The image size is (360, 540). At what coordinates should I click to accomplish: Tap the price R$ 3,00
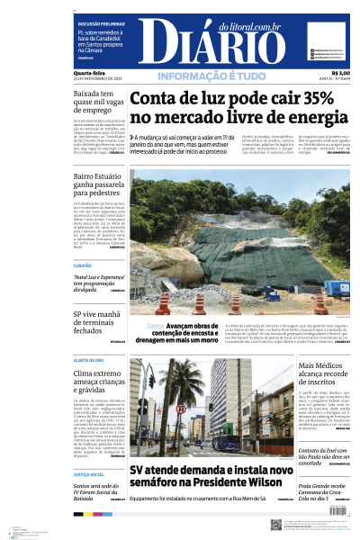tap(341, 74)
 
